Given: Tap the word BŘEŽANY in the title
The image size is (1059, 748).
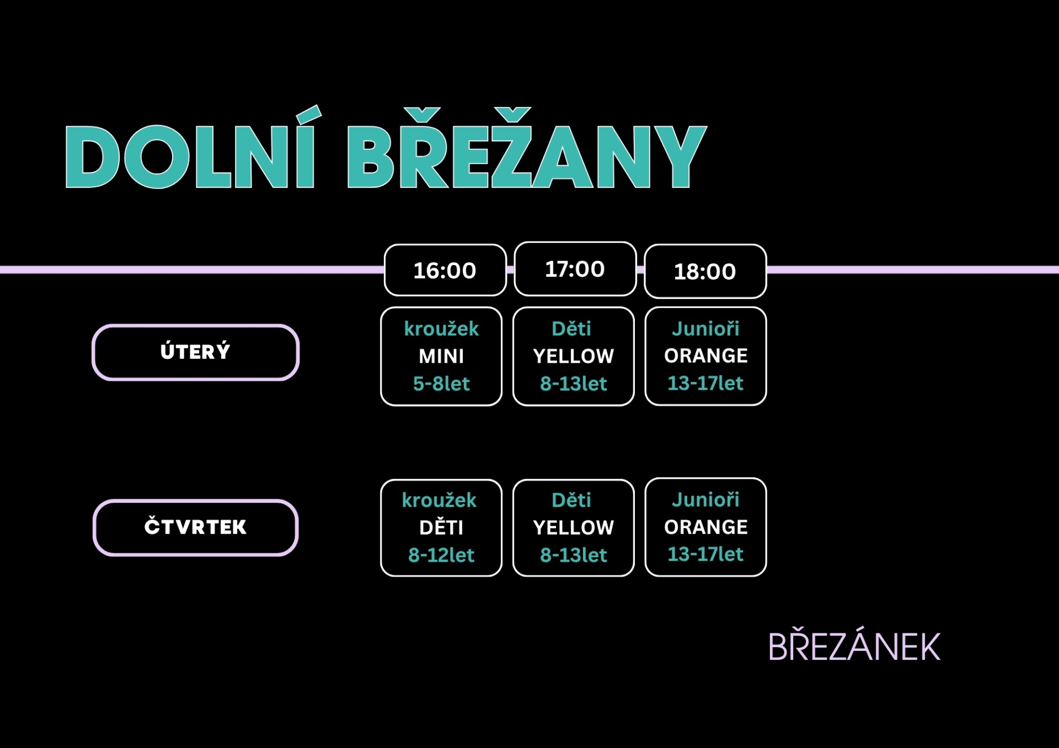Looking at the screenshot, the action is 527,149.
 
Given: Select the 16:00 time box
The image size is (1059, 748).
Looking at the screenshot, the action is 445,270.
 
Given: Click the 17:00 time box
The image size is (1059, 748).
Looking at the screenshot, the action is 575,269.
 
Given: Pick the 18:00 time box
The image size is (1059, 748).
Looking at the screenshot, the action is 705,271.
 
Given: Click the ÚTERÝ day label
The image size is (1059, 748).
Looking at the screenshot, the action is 195,352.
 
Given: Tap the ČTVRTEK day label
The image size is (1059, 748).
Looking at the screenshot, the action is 195,528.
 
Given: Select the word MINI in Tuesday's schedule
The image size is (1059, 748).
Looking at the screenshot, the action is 441,357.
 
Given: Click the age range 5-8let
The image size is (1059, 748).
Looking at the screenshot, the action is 441,384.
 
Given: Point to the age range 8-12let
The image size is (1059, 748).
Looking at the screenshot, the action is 441,555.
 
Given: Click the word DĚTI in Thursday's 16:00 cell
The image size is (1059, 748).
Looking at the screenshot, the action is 441,528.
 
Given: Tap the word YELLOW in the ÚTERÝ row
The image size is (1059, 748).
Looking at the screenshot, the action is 574,357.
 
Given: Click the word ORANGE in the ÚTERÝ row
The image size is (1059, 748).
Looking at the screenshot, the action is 706,356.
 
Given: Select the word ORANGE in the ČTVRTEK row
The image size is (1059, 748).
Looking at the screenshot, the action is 706,528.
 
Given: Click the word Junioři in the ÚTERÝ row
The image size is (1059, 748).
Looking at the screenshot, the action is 705,329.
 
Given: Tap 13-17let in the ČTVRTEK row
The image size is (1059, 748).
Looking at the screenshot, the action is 705,554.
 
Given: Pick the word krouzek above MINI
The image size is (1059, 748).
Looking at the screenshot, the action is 441,329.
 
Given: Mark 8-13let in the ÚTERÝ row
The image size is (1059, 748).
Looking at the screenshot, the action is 574,384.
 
